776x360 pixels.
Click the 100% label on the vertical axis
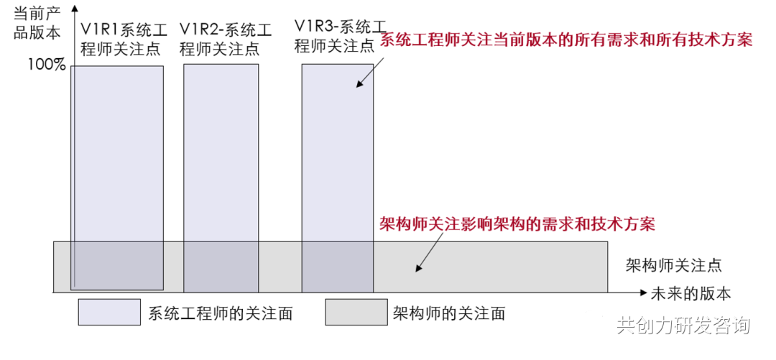tap(47, 65)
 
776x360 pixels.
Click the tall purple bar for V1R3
tap(337, 158)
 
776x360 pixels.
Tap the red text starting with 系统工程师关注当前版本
tap(565, 40)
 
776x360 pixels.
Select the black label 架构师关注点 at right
tap(673, 265)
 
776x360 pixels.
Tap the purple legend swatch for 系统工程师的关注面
tap(109, 313)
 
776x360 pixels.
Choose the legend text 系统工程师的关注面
tap(221, 313)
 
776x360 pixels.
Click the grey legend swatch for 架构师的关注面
tap(356, 313)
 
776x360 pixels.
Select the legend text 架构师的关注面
tap(449, 313)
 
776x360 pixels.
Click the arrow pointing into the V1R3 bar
tap(369, 73)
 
